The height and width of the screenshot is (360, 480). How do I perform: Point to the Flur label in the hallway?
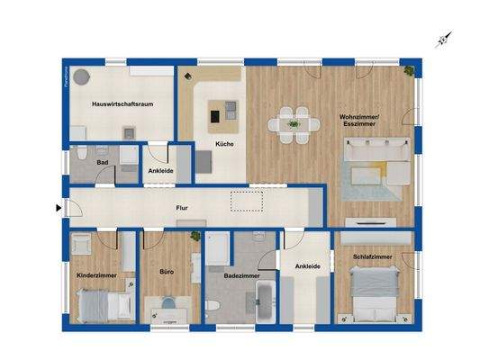click(x=182, y=208)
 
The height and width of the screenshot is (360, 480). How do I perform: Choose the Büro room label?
click(x=168, y=271)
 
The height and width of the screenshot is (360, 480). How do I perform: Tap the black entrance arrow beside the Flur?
click(x=59, y=210)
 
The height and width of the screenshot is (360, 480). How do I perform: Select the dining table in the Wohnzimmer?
click(x=293, y=123)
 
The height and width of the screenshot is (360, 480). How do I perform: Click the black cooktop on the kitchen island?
click(x=218, y=115)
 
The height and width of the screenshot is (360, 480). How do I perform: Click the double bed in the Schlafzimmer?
click(x=370, y=298)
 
